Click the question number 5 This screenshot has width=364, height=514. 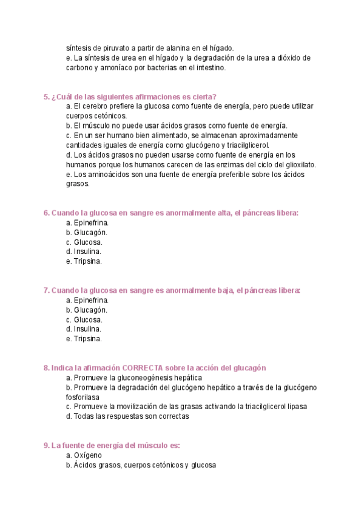[47, 96]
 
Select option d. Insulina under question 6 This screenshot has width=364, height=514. [84, 252]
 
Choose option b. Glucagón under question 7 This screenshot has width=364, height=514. [87, 310]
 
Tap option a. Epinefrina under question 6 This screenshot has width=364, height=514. [87, 222]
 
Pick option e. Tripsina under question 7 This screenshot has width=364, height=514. [84, 339]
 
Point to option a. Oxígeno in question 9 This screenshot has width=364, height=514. [84, 455]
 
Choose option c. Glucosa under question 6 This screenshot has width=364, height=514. [84, 242]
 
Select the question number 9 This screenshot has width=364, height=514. [47, 446]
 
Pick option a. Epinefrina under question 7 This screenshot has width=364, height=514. [87, 300]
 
